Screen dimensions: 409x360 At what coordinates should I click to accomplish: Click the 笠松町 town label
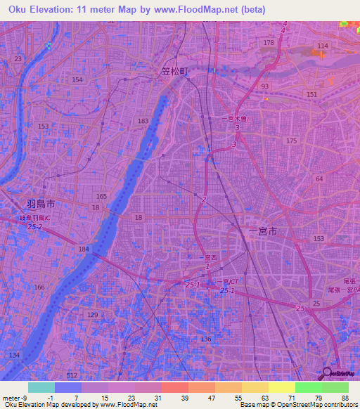tap(172, 71)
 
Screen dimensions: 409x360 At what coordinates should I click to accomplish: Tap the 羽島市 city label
tap(41, 204)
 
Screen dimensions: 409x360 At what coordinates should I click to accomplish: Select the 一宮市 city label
tap(264, 231)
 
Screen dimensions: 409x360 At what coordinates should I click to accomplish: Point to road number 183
tap(143, 122)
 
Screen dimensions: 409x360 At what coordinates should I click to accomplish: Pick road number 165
tap(102, 196)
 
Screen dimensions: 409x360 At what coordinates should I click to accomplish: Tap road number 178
tap(268, 44)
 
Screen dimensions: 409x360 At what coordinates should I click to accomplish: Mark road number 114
tap(322, 46)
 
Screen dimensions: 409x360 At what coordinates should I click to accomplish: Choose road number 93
tap(264, 86)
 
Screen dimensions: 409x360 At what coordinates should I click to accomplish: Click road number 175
tap(291, 141)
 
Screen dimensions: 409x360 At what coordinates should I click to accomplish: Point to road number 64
tap(319, 179)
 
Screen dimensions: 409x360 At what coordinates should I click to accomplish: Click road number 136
tap(205, 339)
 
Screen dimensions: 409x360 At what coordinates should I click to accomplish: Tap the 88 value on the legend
tap(345, 398)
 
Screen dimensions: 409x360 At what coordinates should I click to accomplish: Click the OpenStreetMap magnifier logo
tap(328, 372)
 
